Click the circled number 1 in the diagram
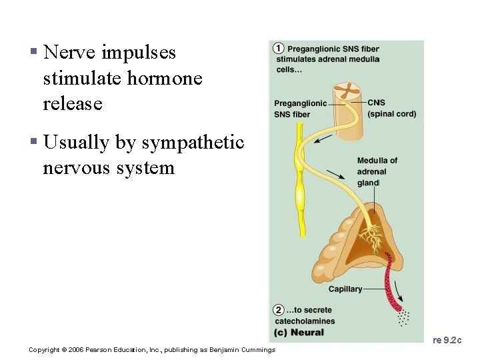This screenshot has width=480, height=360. pos(279,49)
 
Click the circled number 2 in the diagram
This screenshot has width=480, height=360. pos(279,310)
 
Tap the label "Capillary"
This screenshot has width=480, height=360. pos(345,289)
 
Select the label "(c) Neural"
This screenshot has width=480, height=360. pos(299,332)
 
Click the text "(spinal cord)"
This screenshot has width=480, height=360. pos(392,114)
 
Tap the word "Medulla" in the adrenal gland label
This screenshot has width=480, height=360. pos(373,161)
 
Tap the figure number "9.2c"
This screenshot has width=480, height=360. pos(454,341)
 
